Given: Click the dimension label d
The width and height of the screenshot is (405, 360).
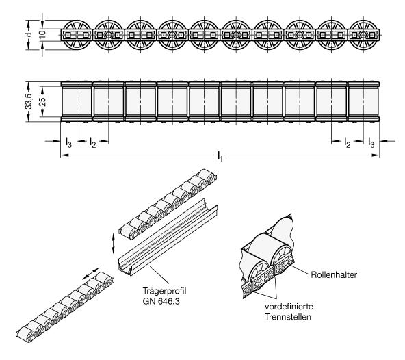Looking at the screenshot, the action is pyautogui.click(x=29, y=34).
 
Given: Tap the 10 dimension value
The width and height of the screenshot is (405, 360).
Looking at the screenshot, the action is pyautogui.click(x=42, y=34).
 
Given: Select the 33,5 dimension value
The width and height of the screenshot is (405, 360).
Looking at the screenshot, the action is pyautogui.click(x=29, y=101).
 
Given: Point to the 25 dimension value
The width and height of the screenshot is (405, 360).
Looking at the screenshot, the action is pyautogui.click(x=43, y=101).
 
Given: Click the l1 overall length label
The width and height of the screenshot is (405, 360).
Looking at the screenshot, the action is pyautogui.click(x=220, y=156).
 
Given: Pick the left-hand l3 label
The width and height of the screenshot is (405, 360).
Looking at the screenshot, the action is pyautogui.click(x=68, y=142).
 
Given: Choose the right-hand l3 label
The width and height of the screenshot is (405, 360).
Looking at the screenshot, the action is pyautogui.click(x=371, y=142).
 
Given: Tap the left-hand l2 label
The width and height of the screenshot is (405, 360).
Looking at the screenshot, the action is pyautogui.click(x=92, y=142).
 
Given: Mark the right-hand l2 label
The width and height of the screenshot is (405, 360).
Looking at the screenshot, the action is pyautogui.click(x=348, y=142).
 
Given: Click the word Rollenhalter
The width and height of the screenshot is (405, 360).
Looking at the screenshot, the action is pyautogui.click(x=334, y=274).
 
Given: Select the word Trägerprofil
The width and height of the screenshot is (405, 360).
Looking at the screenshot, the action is pyautogui.click(x=164, y=291).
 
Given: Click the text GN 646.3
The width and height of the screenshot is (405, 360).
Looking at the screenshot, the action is pyautogui.click(x=161, y=301).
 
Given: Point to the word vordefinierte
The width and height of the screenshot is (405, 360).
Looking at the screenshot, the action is pyautogui.click(x=289, y=307).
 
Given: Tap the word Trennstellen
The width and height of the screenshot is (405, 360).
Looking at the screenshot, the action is pyautogui.click(x=288, y=317).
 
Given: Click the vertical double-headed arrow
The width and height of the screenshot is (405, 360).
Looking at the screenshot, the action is pyautogui.click(x=113, y=243).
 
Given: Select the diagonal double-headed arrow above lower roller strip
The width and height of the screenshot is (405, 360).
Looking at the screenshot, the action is pyautogui.click(x=91, y=274).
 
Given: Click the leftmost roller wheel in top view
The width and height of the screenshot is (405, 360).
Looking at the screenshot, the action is pyautogui.click(x=77, y=35).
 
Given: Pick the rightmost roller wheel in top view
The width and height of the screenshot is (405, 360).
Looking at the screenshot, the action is pyautogui.click(x=363, y=35).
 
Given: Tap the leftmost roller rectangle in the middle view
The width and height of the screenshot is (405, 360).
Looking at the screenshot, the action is pyautogui.click(x=77, y=101).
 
